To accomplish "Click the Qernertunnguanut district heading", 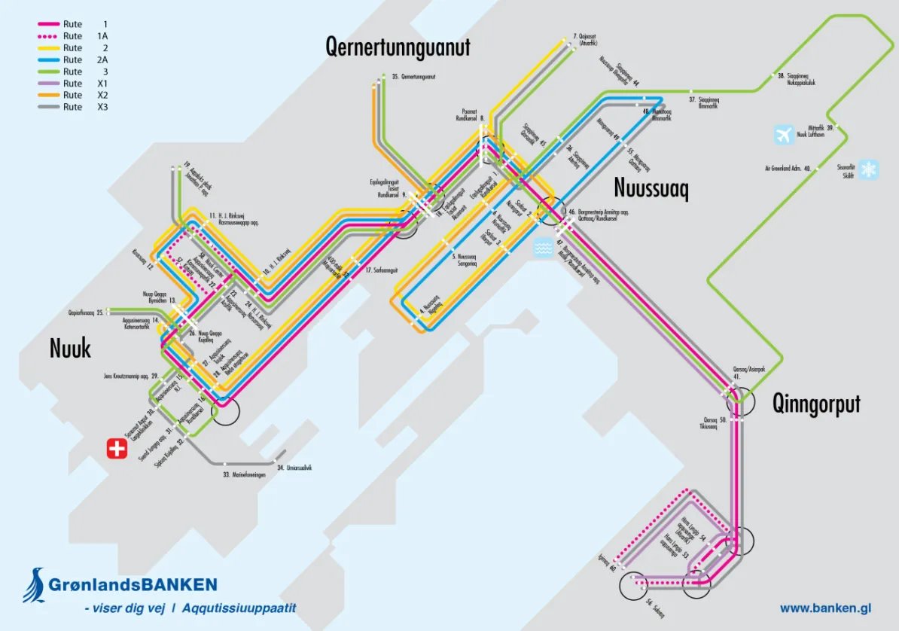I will [398, 47].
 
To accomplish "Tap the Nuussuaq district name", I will [651, 187].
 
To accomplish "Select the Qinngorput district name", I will [816, 404].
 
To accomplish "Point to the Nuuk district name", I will [70, 348].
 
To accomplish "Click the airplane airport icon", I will [784, 135].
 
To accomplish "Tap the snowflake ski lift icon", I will [870, 169].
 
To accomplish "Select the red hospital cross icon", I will [116, 450].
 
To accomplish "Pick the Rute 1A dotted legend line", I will [48, 36].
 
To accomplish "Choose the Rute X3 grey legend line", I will [48, 107].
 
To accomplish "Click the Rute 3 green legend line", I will [48, 72].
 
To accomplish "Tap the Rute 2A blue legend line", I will [48, 59].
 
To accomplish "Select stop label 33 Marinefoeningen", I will [245, 475].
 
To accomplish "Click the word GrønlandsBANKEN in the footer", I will [133, 584].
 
